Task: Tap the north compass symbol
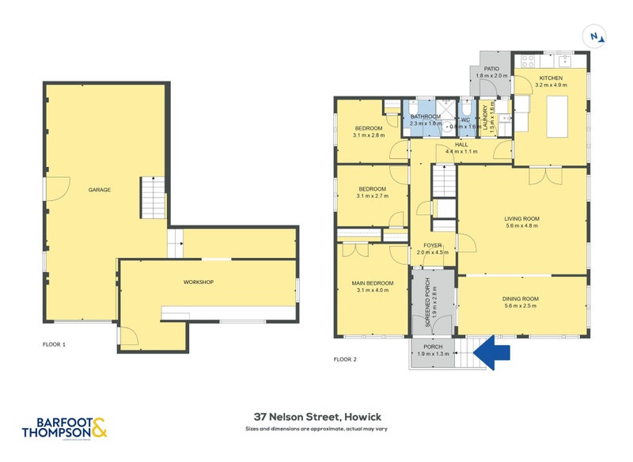click(593, 36)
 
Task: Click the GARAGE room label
click(99, 190)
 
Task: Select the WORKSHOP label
click(198, 282)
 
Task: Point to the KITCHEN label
click(551, 78)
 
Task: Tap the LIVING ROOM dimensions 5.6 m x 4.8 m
click(521, 225)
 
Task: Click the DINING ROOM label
click(520, 298)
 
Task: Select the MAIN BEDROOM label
click(372, 282)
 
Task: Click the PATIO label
click(491, 70)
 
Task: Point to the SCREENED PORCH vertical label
click(427, 303)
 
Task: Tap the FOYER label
click(432, 245)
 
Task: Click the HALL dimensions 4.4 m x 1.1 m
click(462, 151)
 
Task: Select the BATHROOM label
click(425, 117)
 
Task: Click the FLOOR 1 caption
click(54, 345)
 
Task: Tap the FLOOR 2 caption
click(345, 359)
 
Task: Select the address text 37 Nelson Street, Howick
click(316, 417)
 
